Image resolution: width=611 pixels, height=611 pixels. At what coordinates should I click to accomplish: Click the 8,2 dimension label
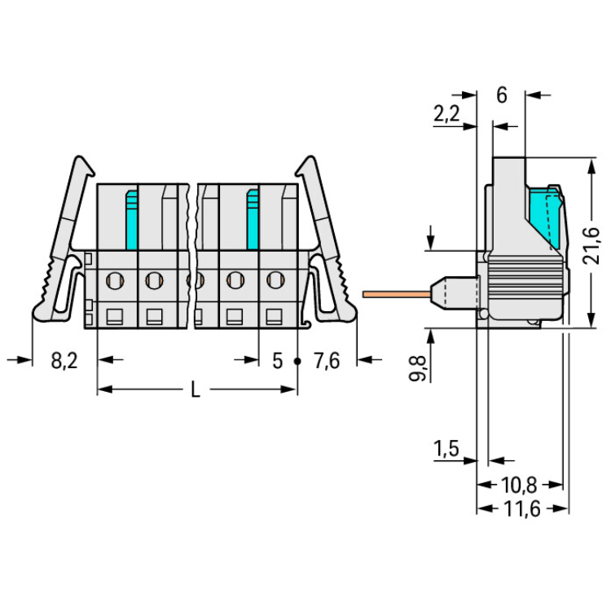click(64, 360)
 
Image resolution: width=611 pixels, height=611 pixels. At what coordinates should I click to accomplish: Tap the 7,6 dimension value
click(327, 360)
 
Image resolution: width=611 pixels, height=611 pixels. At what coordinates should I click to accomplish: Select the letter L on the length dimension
click(196, 389)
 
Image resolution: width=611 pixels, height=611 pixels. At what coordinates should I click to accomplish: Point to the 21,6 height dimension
click(592, 245)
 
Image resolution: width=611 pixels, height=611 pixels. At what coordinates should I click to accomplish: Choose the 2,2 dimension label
click(446, 114)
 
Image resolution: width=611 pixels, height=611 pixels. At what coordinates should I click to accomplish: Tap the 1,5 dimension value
click(446, 449)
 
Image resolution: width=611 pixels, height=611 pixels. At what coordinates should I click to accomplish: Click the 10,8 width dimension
click(519, 486)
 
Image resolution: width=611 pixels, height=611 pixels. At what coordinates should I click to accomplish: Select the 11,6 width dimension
click(521, 509)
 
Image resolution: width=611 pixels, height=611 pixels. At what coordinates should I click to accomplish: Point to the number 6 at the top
click(502, 95)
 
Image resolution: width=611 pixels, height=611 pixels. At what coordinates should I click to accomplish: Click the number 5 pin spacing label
click(277, 361)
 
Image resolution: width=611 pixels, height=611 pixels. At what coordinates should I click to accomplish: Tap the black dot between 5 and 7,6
click(297, 361)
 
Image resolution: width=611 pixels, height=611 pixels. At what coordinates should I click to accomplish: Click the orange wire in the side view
click(396, 294)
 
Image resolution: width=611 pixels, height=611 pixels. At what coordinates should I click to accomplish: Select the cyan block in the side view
click(543, 218)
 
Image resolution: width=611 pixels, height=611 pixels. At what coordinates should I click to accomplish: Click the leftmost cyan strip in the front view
click(133, 220)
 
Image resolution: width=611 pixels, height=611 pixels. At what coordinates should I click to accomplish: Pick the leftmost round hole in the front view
click(115, 279)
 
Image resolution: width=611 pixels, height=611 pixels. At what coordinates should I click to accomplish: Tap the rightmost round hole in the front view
click(275, 279)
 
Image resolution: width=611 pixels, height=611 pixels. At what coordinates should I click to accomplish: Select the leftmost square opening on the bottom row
click(115, 317)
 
